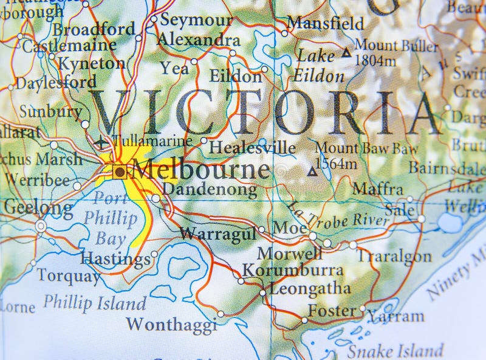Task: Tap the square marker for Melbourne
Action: click(120, 172)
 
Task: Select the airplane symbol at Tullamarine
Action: click(101, 144)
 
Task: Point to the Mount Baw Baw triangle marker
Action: click(312, 172)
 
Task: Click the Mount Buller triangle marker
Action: click(346, 54)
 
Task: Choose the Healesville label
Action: click(252, 147)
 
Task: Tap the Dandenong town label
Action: click(210, 190)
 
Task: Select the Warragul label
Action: click(217, 233)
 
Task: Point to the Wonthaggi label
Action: click(172, 322)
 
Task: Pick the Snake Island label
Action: click(395, 351)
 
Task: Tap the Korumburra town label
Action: click(293, 270)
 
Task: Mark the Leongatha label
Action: click(302, 288)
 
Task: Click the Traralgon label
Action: click(394, 256)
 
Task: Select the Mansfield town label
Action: click(326, 23)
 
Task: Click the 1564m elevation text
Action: click(335, 163)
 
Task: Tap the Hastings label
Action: click(115, 259)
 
